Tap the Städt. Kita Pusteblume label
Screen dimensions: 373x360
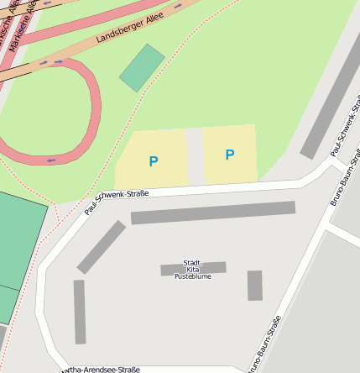pos(193,270)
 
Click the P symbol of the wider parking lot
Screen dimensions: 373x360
pos(154,161)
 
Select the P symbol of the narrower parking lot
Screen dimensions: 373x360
pos(229,155)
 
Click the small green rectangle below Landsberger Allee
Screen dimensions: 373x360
pos(142,67)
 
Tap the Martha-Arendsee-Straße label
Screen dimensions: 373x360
pos(101,370)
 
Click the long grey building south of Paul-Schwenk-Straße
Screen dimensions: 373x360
pos(213,213)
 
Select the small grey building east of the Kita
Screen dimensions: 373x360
pos(255,286)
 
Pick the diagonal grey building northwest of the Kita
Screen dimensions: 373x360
pos(102,247)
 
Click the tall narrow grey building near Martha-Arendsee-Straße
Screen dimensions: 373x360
pos(80,312)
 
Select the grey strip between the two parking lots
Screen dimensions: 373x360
pos(195,156)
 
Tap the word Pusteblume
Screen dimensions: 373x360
pos(193,276)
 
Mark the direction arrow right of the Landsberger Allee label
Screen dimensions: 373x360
pos(179,7)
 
